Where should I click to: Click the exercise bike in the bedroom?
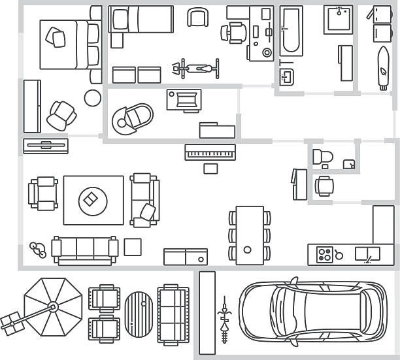point(194,67)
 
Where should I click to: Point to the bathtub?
point(291,31)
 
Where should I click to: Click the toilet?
point(322,157)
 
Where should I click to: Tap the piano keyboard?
point(210,152)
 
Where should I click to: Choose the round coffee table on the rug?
point(92,199)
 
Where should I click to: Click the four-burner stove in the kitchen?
point(325,254)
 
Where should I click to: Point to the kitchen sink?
point(366,254)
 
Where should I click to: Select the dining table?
point(249,235)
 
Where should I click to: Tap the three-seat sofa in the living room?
point(85,248)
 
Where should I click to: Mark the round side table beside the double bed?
point(93,98)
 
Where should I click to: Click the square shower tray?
point(339,20)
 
